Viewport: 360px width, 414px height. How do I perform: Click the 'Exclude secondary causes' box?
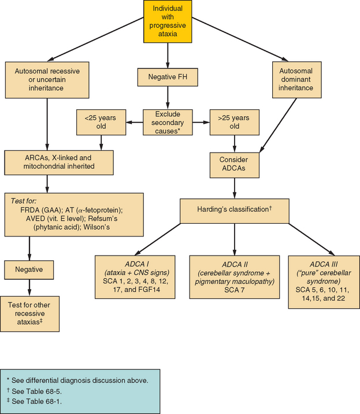[x=166, y=123]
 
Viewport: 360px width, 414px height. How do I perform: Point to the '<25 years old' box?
[x=101, y=123]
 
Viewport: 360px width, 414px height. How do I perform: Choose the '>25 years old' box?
[x=233, y=123]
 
